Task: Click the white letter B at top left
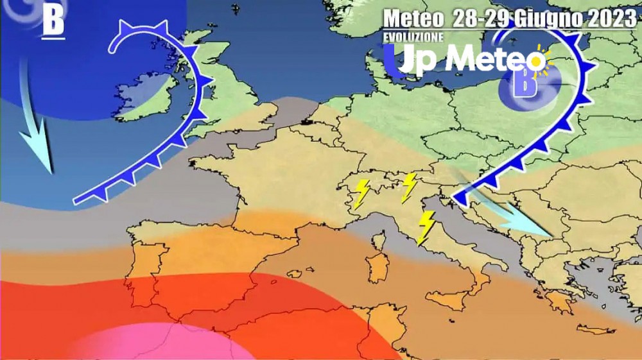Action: (53, 21)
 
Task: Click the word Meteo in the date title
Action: (413, 19)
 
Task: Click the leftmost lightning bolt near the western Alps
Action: (362, 193)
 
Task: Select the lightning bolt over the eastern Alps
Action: (408, 187)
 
